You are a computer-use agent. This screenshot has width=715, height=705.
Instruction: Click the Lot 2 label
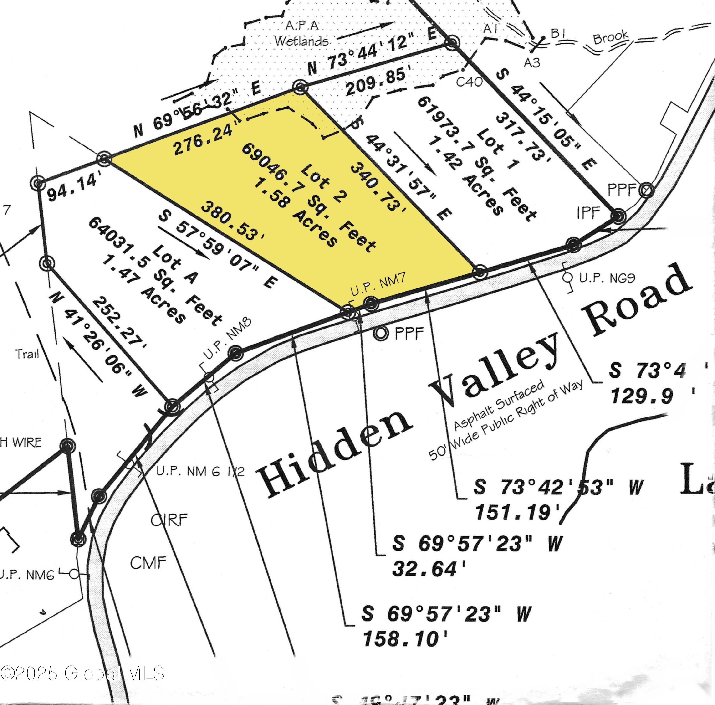coord(321,183)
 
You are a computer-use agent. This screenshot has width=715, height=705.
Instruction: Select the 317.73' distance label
coord(523,138)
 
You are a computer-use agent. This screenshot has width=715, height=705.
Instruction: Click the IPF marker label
coord(588,213)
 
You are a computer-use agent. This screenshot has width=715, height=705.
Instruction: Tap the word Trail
coord(27,354)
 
